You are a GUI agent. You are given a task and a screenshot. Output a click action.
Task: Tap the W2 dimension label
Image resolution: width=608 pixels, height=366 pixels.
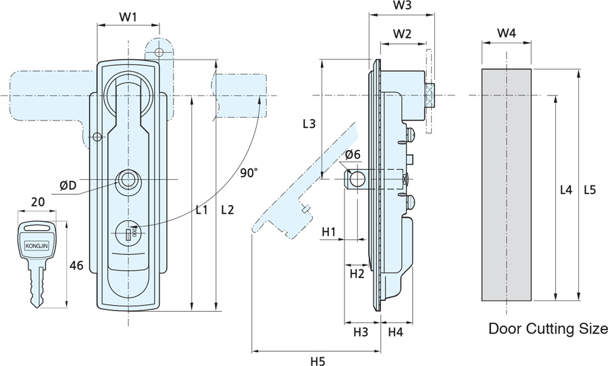coord(403,33)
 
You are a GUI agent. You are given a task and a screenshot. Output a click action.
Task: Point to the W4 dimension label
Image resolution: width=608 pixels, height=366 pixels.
coord(507,33)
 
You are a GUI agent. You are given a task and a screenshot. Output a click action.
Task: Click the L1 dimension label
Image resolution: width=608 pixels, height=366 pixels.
coord(201,210)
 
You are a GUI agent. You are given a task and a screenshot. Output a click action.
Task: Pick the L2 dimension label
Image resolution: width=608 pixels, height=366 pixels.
coord(227,210)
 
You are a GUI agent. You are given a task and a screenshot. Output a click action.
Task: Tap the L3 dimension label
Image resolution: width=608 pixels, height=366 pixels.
coord(309,124)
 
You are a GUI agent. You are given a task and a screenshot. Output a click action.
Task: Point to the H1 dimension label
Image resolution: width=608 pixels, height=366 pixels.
coord(330,232)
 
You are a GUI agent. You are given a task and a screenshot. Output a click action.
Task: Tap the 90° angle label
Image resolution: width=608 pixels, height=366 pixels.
coord(249,173)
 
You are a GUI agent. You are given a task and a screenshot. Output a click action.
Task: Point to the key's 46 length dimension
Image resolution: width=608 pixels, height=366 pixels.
coord(76,266)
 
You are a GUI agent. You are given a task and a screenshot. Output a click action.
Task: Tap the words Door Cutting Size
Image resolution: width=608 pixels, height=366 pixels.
coord(548,329)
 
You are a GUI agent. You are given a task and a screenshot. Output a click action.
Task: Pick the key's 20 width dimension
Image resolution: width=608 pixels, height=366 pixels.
coord(38,202)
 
